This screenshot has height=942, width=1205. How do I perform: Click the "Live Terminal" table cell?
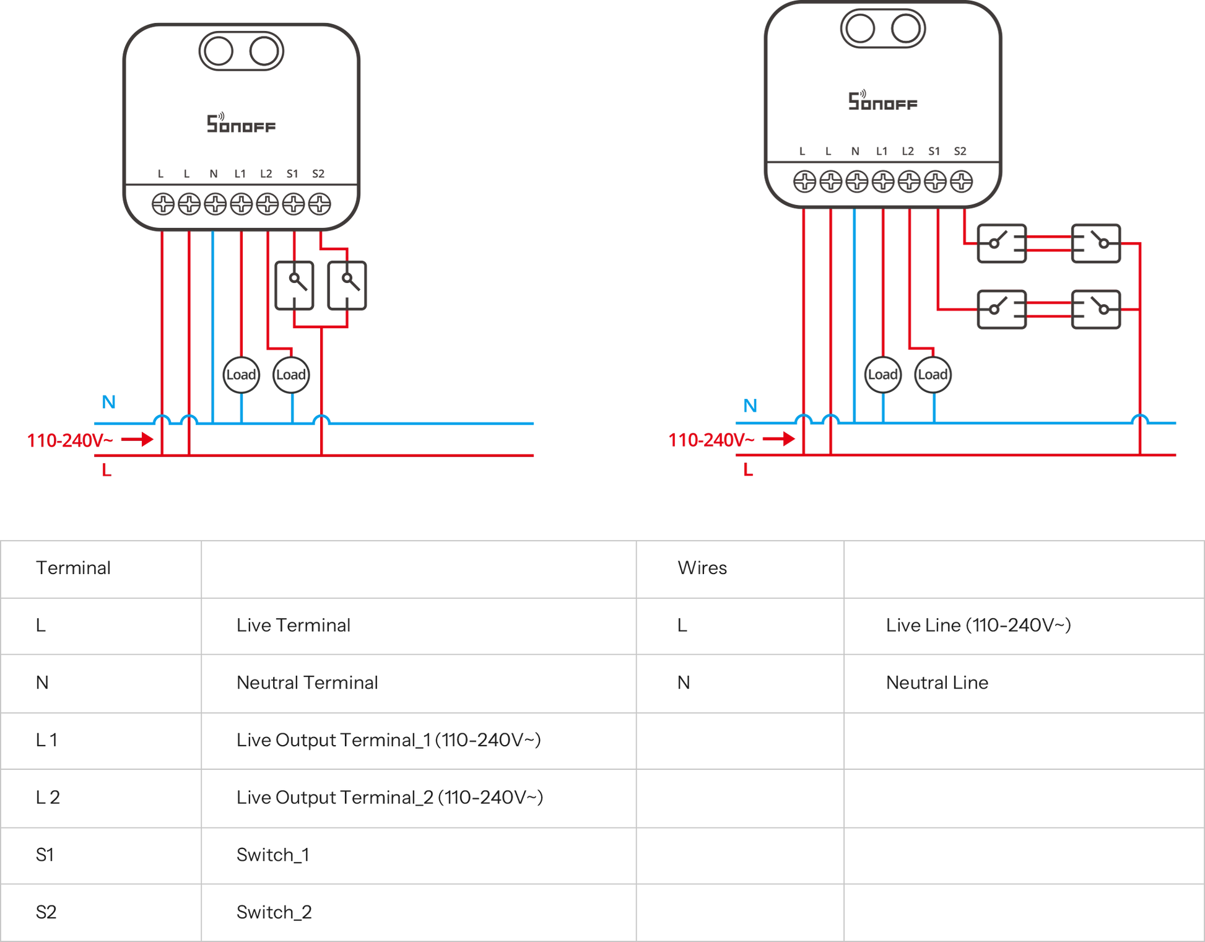[x=293, y=626]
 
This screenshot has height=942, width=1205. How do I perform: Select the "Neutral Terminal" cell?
[x=307, y=683]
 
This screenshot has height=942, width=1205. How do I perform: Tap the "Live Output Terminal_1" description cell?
[x=388, y=740]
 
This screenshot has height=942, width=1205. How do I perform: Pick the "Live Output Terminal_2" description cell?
[x=389, y=798]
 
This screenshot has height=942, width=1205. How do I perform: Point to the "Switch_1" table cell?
[x=272, y=855]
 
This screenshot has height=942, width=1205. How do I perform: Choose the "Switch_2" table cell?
[x=274, y=912]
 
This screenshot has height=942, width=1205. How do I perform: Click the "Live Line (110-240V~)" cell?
[x=978, y=626]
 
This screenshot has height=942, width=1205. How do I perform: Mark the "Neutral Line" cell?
[x=937, y=683]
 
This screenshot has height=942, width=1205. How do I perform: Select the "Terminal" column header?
[x=73, y=568]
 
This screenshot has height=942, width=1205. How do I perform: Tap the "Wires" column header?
[x=702, y=568]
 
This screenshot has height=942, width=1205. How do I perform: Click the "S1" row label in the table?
[x=45, y=855]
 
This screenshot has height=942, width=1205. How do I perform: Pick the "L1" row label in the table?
[x=46, y=740]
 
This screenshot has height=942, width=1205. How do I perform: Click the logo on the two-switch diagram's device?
[x=241, y=123]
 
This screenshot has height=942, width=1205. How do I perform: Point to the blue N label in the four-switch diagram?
[x=750, y=406]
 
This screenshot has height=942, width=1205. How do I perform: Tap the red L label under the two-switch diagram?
[x=107, y=471]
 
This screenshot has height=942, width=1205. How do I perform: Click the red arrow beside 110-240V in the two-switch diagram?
[x=137, y=440]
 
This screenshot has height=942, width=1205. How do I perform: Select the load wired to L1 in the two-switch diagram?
[x=241, y=374]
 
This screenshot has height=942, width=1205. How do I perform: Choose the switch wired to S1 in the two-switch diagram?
[x=294, y=285]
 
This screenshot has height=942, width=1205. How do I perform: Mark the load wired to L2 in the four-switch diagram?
[x=933, y=374]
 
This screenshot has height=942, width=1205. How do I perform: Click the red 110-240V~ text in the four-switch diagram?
[x=711, y=440]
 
